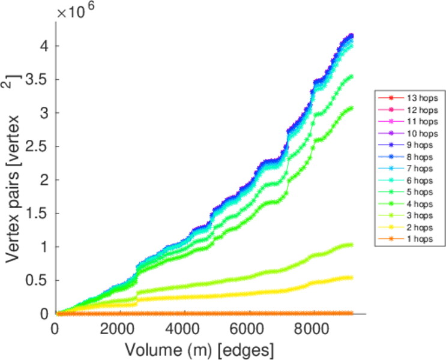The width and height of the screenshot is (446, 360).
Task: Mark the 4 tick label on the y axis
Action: pos(45,46)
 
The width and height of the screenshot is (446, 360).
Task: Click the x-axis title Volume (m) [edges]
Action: pos(200,348)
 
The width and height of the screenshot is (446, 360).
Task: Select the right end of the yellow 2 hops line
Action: pos(351,277)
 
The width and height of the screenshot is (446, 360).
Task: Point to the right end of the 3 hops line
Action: pos(351,245)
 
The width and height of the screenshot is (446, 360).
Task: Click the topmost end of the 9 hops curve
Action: pos(351,35)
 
